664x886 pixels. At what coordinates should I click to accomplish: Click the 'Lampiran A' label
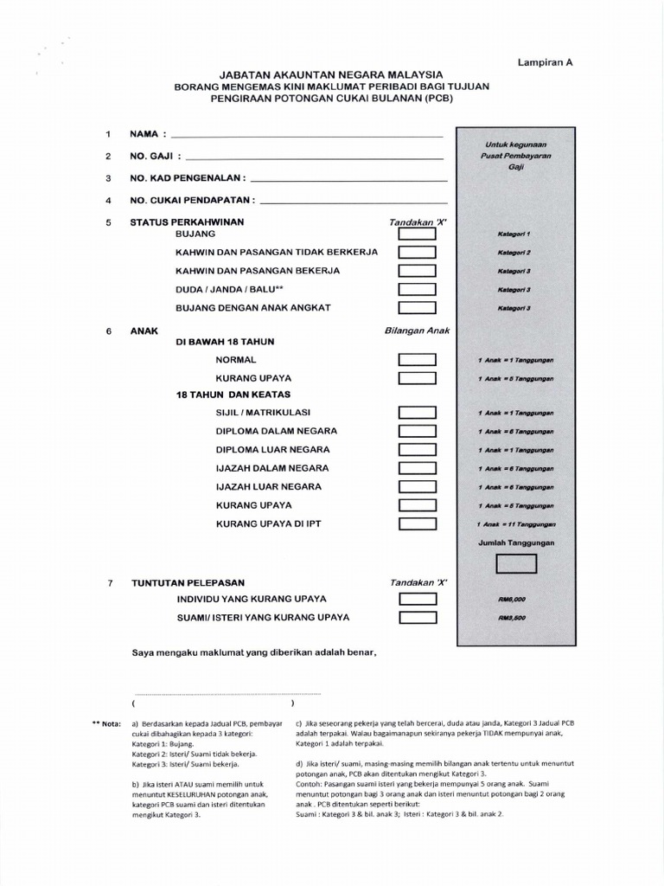(x=546, y=62)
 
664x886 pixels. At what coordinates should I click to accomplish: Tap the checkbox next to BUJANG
(x=417, y=234)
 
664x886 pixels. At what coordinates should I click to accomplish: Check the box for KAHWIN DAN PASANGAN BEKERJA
(x=417, y=271)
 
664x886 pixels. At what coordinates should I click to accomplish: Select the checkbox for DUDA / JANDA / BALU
(x=417, y=289)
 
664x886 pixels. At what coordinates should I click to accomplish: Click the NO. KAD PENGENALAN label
(x=188, y=178)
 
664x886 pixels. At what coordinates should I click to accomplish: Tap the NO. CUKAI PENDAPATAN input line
(x=354, y=200)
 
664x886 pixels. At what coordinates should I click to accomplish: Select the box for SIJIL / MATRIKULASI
(x=417, y=413)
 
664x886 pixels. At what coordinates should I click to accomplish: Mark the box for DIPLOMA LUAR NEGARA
(x=417, y=450)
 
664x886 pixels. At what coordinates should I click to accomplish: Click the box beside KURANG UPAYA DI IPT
(x=417, y=523)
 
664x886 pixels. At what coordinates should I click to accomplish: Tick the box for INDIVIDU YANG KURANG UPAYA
(x=417, y=599)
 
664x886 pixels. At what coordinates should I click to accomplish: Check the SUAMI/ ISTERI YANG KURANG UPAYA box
(x=417, y=618)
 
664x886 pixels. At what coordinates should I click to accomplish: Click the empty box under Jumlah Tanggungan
(x=516, y=563)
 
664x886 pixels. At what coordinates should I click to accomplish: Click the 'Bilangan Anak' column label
(x=417, y=331)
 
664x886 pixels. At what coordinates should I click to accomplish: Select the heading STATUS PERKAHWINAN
(x=187, y=222)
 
